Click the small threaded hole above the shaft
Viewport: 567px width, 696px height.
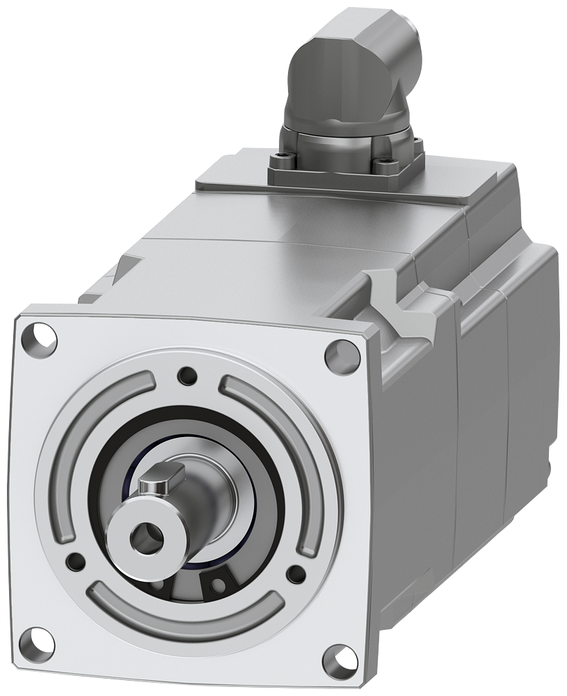(x=186, y=377)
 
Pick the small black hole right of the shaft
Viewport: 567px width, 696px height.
(x=296, y=574)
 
